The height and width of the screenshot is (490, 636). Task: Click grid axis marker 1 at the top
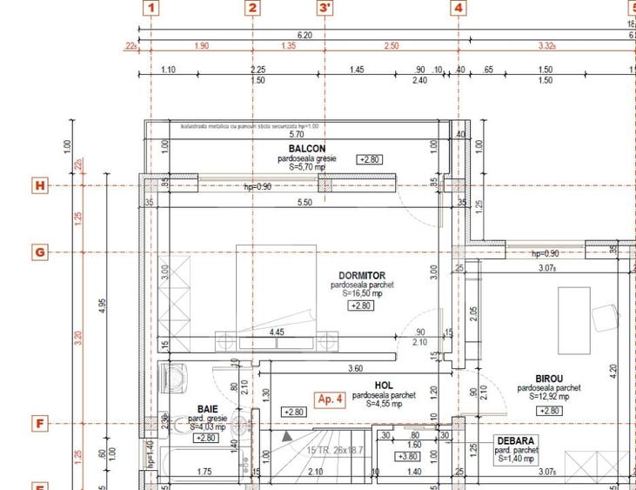point(151,9)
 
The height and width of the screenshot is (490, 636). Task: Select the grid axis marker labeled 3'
point(325,9)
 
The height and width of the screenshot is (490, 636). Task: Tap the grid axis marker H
point(39,185)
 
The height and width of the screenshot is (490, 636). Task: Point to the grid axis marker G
point(39,252)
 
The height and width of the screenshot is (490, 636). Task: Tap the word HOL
point(384,385)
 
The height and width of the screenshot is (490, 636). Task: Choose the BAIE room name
point(207,408)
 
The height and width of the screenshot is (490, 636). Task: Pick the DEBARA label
point(516,440)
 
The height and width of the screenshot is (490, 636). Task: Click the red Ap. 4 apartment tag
point(331,399)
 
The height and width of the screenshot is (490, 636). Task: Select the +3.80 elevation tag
point(407,456)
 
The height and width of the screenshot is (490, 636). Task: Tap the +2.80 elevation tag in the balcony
point(370,159)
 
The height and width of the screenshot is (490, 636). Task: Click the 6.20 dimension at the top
point(305,35)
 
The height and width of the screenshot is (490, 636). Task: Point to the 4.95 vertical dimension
point(103,305)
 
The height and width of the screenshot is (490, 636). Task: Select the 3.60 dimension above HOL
point(355,368)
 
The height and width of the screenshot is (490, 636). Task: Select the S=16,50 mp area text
point(363,294)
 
